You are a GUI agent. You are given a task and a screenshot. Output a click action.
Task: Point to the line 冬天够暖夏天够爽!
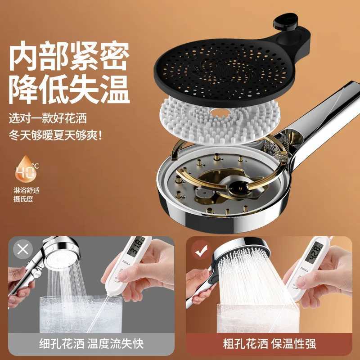click(56, 135)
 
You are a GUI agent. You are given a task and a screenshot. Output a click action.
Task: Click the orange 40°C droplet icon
click(27, 170)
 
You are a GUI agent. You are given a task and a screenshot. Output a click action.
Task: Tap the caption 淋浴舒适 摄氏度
click(27, 194)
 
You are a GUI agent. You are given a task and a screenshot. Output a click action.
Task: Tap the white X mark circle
click(22, 249)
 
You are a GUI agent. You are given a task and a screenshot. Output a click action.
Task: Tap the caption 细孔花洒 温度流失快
click(90, 344)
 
